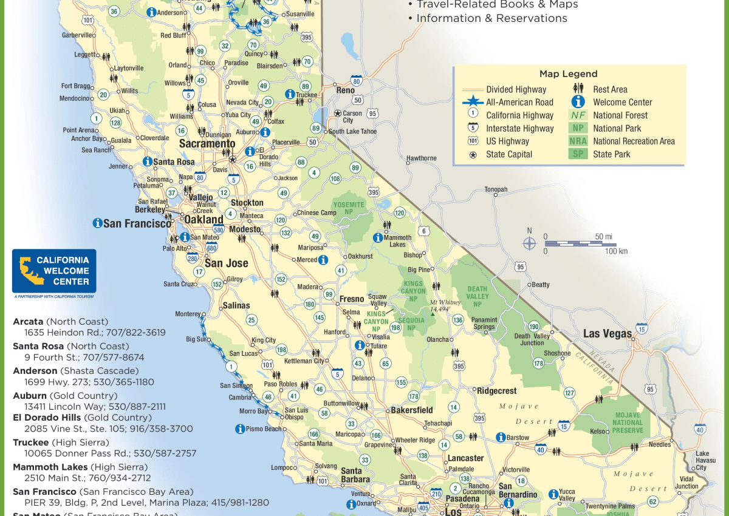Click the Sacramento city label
pos(207,144)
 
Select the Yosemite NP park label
pos(349,208)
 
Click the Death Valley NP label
pos(477,296)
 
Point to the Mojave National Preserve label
pos(628,423)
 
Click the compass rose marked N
pos(530,243)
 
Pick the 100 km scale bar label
pos(616,251)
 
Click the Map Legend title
pos(568,74)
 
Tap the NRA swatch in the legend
pos(578,141)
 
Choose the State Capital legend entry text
pos(509,154)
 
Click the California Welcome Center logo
pos(54,271)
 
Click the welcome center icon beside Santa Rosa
pos(147,161)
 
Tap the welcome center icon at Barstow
pos(501,436)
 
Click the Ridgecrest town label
pos(496,391)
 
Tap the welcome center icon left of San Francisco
pos(97,223)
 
